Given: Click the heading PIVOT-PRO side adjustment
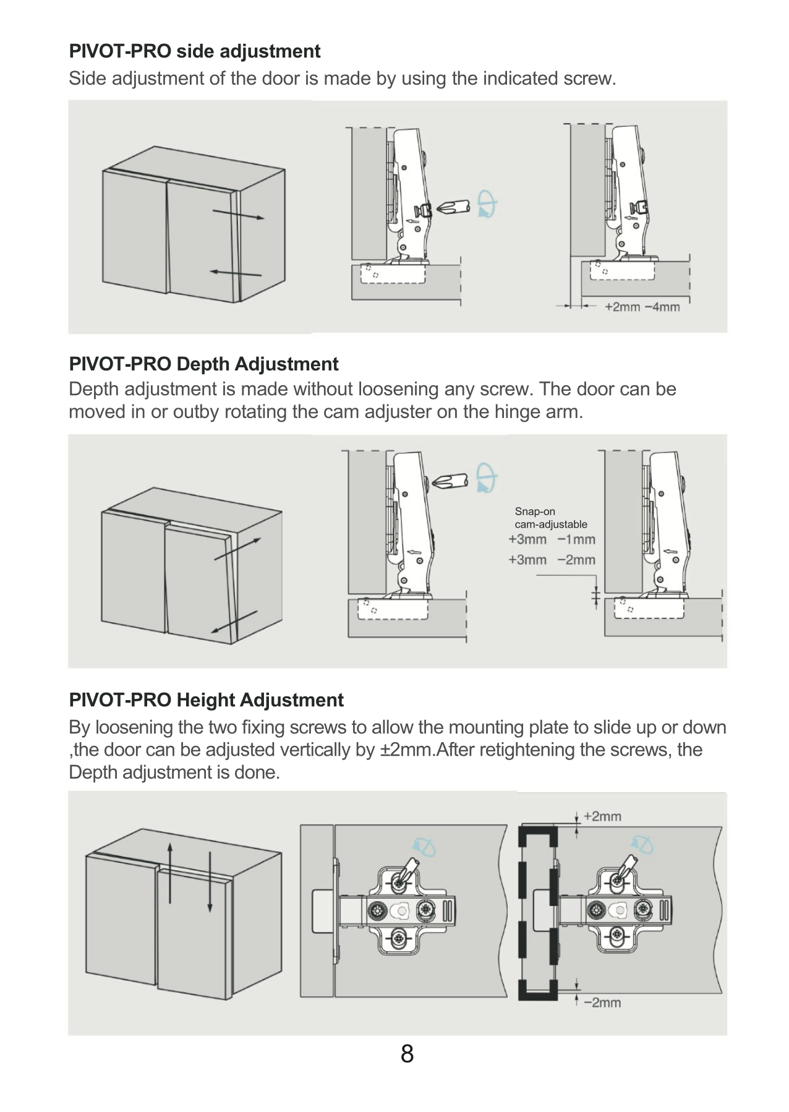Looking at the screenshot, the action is [195, 51].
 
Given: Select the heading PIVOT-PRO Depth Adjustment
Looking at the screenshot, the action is [203, 364].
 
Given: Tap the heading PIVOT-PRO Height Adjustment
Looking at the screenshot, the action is [206, 700].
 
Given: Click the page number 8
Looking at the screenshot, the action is [407, 1053].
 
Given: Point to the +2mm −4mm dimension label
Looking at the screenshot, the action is [642, 307].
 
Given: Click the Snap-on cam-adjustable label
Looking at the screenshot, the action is [551, 518].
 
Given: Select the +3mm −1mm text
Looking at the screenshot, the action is [552, 539].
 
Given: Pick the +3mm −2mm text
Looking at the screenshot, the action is [552, 560].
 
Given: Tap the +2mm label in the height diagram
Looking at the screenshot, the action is [602, 816].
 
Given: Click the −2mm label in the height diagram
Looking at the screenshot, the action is [602, 1003].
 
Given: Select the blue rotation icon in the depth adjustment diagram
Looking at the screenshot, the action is [486, 477].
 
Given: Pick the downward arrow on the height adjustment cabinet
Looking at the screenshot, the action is [210, 881].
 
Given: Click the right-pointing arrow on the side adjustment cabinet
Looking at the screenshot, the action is [239, 215].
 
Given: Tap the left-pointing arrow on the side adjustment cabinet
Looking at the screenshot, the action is [236, 273].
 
